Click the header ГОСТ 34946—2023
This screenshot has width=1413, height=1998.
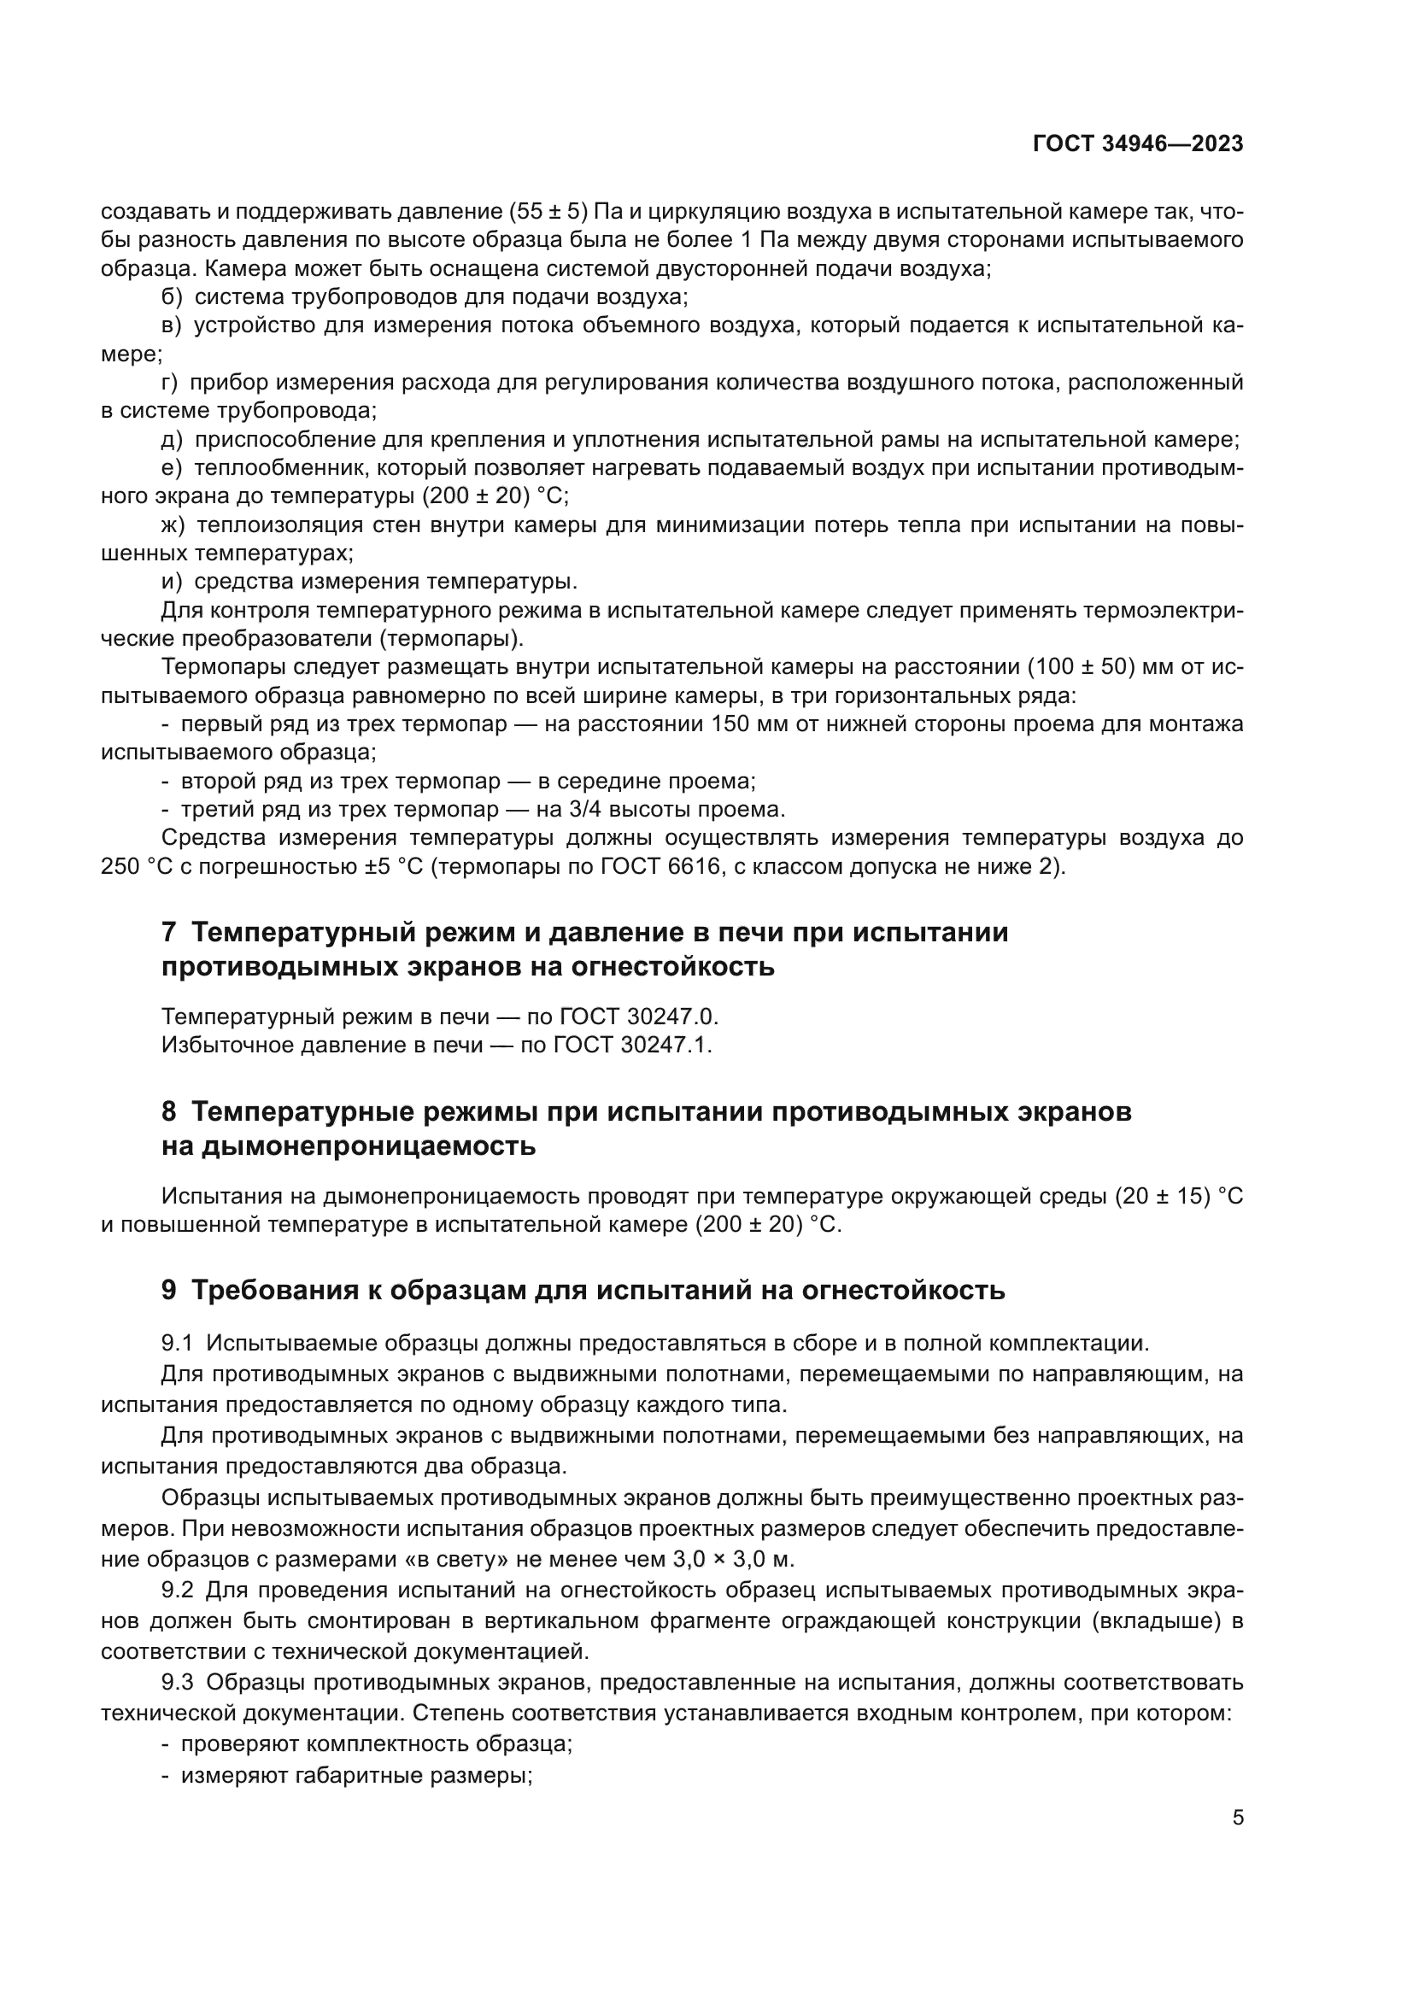coord(1137,144)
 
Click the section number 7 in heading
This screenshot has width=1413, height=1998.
coord(169,933)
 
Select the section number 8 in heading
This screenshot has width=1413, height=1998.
coord(169,1112)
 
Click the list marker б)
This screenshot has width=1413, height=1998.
coord(173,296)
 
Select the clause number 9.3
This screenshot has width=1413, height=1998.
coord(177,1682)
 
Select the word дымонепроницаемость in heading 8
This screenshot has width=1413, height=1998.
coord(368,1147)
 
